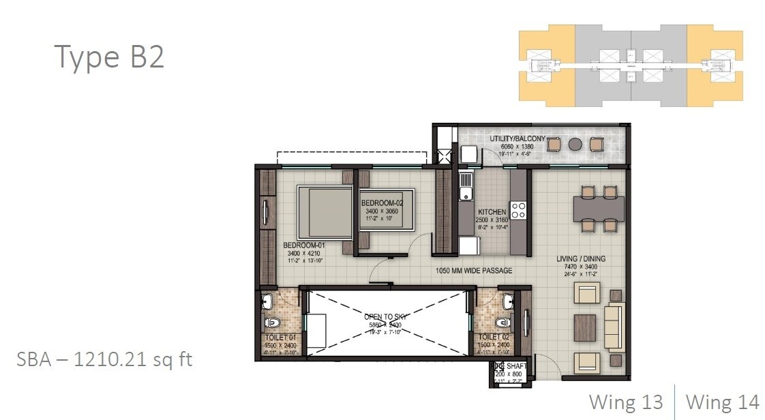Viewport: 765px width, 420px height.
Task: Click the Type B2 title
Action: point(109,57)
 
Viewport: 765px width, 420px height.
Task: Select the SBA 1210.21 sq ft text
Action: point(104,359)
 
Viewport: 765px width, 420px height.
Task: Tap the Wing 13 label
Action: point(626,402)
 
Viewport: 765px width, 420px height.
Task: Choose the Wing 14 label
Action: point(722,402)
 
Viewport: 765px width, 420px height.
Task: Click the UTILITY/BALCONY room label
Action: point(517,139)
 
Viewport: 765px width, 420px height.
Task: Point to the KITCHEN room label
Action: point(492,212)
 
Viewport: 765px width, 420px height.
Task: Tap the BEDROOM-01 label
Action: point(303,245)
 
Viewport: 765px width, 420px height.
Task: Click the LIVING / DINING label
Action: point(580,259)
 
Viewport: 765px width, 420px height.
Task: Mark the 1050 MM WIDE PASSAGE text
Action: point(474,271)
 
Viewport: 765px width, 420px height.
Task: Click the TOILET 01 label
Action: point(280,337)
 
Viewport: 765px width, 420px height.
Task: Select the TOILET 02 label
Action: point(494,337)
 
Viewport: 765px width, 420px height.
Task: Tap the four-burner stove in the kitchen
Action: point(518,209)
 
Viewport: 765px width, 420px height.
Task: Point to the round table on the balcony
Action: point(575,145)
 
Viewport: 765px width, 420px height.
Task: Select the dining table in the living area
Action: point(599,207)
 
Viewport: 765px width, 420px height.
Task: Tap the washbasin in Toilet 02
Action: point(507,301)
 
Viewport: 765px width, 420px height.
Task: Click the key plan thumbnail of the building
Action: point(631,67)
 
